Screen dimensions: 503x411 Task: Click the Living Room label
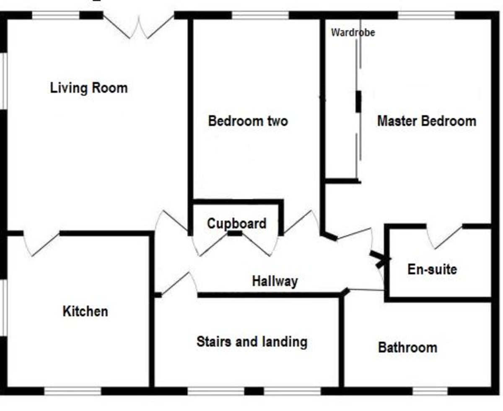click(89, 88)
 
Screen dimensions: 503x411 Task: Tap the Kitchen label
click(85, 311)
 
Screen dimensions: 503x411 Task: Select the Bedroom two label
click(248, 121)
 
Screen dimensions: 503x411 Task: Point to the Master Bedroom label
click(427, 121)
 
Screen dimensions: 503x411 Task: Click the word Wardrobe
click(353, 33)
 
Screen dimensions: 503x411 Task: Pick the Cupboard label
click(236, 224)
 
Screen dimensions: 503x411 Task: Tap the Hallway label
click(275, 281)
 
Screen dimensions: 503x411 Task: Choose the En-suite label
click(432, 269)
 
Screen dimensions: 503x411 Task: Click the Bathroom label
click(407, 348)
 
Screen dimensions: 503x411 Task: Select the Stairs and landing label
click(252, 342)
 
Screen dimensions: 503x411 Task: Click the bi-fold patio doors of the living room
click(139, 27)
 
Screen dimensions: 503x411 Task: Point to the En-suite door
click(444, 237)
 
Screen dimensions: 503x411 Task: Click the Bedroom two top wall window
click(260, 15)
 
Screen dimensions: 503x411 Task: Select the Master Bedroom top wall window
click(426, 15)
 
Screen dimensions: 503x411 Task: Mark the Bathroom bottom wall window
click(430, 391)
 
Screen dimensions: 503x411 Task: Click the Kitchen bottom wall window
click(73, 391)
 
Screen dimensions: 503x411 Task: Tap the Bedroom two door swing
click(301, 222)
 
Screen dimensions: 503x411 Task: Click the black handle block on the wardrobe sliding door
click(358, 101)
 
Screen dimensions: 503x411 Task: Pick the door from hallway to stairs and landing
click(179, 284)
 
